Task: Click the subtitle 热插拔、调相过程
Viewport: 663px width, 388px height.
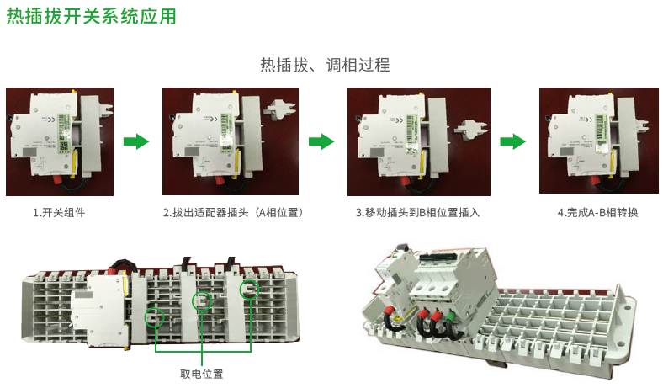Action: (x=325, y=65)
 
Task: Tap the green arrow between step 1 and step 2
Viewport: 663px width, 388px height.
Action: (x=135, y=141)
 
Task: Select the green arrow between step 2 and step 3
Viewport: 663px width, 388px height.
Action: (x=321, y=141)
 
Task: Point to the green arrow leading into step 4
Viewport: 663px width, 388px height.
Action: (x=512, y=141)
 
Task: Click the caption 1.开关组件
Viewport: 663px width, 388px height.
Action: (x=59, y=213)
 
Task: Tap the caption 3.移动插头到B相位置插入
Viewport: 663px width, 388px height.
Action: (x=418, y=213)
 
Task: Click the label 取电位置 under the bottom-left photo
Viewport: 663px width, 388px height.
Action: (x=202, y=374)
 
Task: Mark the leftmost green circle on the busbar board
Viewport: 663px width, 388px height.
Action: (x=153, y=316)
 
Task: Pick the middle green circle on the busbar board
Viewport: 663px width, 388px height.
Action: (x=201, y=301)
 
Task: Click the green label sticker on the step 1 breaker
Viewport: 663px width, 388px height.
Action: (x=63, y=130)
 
